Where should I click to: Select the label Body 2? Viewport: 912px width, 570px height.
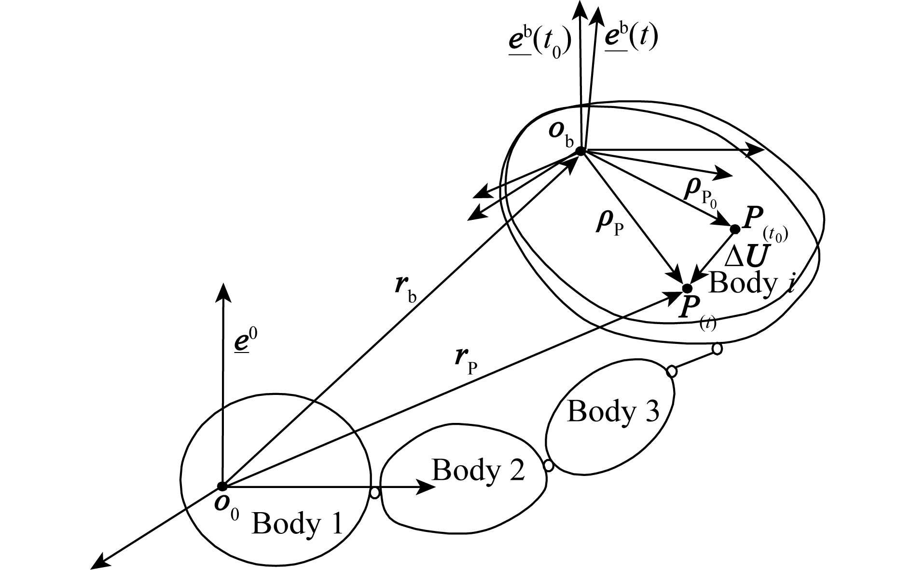(478, 470)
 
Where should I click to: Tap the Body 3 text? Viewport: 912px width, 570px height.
(612, 412)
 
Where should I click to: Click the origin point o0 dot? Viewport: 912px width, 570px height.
(222, 486)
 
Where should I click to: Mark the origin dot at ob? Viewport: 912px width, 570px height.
(580, 151)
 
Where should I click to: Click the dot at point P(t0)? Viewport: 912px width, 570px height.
(735, 229)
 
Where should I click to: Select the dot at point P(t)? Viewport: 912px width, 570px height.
(687, 288)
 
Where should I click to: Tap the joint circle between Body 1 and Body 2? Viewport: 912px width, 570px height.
(374, 493)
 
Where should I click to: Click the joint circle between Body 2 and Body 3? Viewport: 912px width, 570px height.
(549, 465)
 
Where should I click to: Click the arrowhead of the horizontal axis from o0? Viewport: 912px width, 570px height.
(427, 487)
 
